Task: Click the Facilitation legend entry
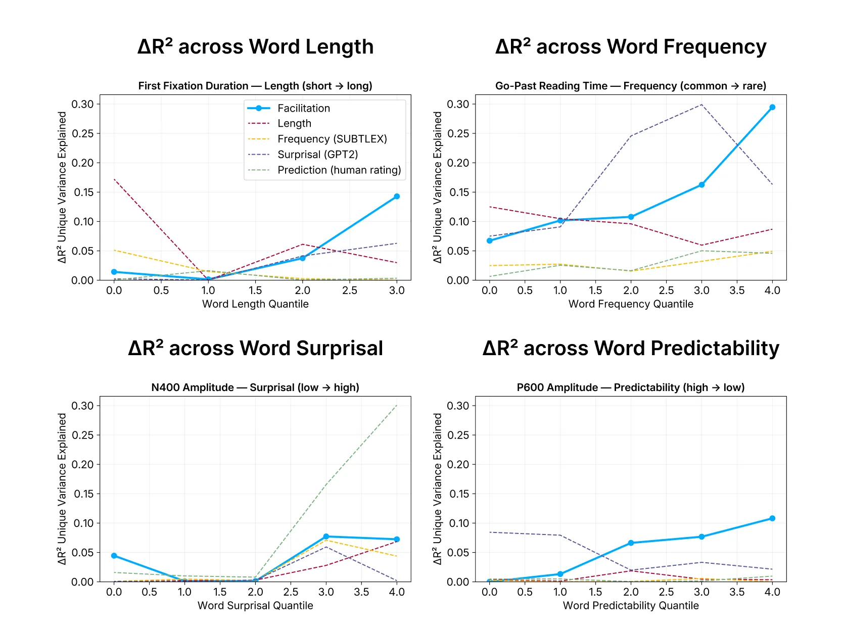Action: [x=303, y=108]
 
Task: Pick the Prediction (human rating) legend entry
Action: [x=339, y=170]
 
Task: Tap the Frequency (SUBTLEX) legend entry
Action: [x=332, y=139]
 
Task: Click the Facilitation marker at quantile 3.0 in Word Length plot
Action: [x=397, y=197]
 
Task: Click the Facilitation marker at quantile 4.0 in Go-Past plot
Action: [x=772, y=107]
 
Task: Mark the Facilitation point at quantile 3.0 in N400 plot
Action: [x=326, y=537]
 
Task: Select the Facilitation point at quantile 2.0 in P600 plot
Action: [x=631, y=543]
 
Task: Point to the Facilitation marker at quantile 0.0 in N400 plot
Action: [x=114, y=556]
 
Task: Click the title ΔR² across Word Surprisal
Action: [x=255, y=349]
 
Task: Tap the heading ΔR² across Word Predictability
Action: [x=631, y=349]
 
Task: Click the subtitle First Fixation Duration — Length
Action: [x=255, y=86]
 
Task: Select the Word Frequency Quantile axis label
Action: [x=631, y=304]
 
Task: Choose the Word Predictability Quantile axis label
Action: [x=631, y=606]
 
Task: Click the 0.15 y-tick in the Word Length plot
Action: [x=84, y=192]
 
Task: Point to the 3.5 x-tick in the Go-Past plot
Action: [x=737, y=290]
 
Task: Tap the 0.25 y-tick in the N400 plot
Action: [x=84, y=435]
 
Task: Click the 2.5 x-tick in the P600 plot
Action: [x=666, y=592]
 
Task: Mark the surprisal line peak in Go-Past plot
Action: [x=701, y=105]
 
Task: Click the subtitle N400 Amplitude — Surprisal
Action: [x=255, y=387]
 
